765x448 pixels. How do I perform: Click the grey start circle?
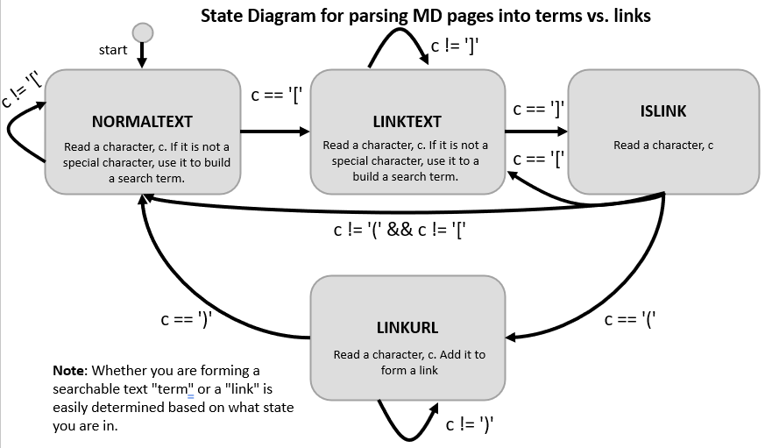142,32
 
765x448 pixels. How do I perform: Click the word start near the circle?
113,50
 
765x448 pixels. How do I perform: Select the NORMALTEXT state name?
142,121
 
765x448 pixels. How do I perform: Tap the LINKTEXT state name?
407,122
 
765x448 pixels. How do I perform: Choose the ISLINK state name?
663,111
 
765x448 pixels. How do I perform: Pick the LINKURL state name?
407,328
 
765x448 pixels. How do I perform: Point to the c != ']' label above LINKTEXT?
454,46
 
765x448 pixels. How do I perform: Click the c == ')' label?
187,321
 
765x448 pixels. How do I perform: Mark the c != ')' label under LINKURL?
471,425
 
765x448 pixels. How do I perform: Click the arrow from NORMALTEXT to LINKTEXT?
274,132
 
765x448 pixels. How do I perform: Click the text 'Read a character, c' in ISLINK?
663,146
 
